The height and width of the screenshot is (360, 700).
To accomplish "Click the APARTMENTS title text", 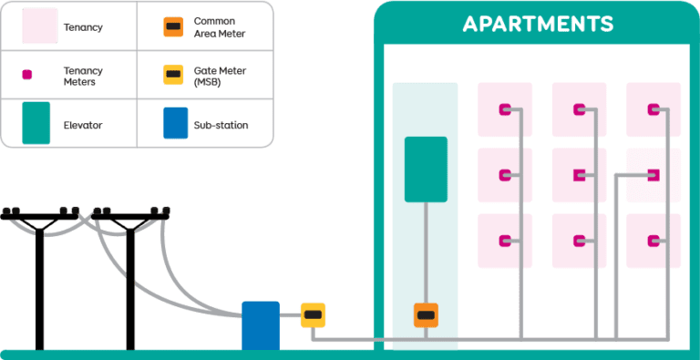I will click(x=538, y=24).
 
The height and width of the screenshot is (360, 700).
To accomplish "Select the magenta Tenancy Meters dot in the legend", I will click(x=27, y=75).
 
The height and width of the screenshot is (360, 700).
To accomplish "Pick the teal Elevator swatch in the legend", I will click(x=36, y=123).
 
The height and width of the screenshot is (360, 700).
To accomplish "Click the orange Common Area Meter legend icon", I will click(x=172, y=26).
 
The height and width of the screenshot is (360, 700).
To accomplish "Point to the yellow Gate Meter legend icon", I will click(x=172, y=75).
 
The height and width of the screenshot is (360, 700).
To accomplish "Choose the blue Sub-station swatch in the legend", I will click(x=175, y=123).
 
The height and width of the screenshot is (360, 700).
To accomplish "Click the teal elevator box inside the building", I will click(x=426, y=169).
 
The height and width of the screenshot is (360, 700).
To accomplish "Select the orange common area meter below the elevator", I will click(x=426, y=315).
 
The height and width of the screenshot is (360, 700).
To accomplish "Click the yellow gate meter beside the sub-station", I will click(x=313, y=315).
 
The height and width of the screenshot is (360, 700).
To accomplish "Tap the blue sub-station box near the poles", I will click(x=260, y=324).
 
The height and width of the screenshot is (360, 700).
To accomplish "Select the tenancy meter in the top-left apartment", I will click(x=504, y=110).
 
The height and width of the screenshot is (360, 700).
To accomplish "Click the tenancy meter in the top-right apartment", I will click(x=653, y=110).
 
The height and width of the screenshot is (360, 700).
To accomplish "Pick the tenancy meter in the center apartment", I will click(x=579, y=174).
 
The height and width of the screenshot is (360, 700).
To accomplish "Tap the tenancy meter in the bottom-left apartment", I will click(x=504, y=240).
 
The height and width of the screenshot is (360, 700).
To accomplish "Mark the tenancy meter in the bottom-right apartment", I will click(x=653, y=241).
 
